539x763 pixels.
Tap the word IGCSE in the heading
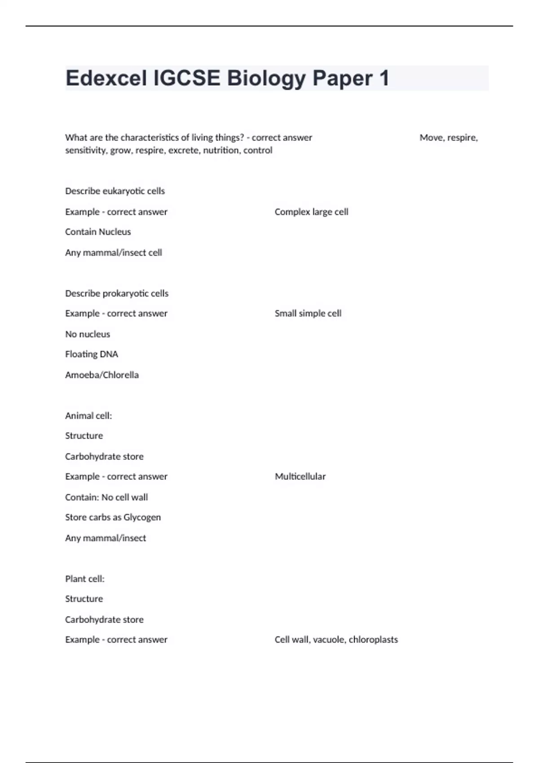187,79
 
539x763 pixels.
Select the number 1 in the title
384,79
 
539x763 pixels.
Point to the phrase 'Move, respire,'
448,138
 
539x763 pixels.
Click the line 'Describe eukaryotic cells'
115,191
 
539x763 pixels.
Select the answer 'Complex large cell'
311,212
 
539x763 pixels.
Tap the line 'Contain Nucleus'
98,232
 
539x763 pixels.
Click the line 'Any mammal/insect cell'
114,253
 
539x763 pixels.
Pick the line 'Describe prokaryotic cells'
117,294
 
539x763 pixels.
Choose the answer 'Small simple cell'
308,313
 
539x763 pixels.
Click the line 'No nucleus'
88,334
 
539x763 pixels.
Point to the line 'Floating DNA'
92,355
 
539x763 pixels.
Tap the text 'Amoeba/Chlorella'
102,375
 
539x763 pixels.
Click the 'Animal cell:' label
88,416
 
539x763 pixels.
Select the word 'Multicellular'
300,477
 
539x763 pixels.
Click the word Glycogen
142,517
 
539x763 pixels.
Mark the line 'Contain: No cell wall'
106,497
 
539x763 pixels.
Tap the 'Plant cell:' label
85,579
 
